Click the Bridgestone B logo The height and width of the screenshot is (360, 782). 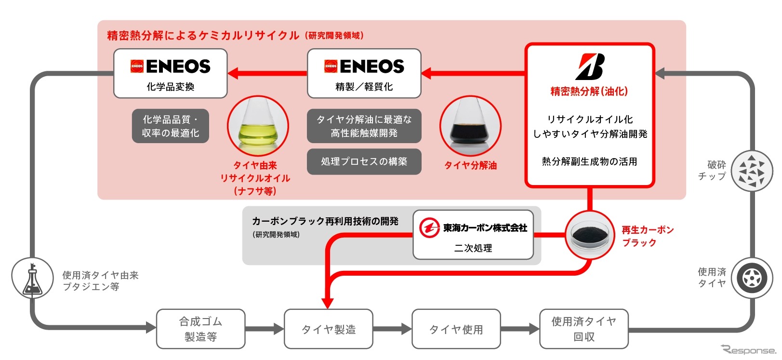tap(590, 67)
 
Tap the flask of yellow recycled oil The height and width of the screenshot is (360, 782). tap(258, 126)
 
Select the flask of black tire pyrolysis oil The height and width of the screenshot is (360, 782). tap(470, 126)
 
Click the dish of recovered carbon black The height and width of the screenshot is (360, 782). tap(590, 235)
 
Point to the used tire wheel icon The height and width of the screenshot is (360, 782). tap(752, 278)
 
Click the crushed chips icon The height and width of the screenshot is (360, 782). tap(752, 171)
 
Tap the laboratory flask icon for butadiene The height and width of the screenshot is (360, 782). tap(32, 279)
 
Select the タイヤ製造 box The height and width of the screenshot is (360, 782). tap(329, 329)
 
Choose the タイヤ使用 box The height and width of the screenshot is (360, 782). tap(456, 329)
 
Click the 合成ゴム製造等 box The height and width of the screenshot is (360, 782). tap(200, 329)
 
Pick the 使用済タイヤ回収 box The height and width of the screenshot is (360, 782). tap(583, 329)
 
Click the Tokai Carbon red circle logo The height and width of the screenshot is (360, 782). tap(429, 228)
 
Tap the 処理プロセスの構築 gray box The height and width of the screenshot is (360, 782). tap(364, 161)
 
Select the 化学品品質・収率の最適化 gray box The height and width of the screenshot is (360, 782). tap(170, 126)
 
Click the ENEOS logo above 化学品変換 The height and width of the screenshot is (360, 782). tap(170, 66)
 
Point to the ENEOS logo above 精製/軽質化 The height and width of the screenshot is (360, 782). tap(364, 66)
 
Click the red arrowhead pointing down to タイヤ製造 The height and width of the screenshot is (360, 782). tap(328, 302)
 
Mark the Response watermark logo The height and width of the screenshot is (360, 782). tap(748, 350)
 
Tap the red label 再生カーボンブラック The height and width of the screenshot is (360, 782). tap(647, 236)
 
